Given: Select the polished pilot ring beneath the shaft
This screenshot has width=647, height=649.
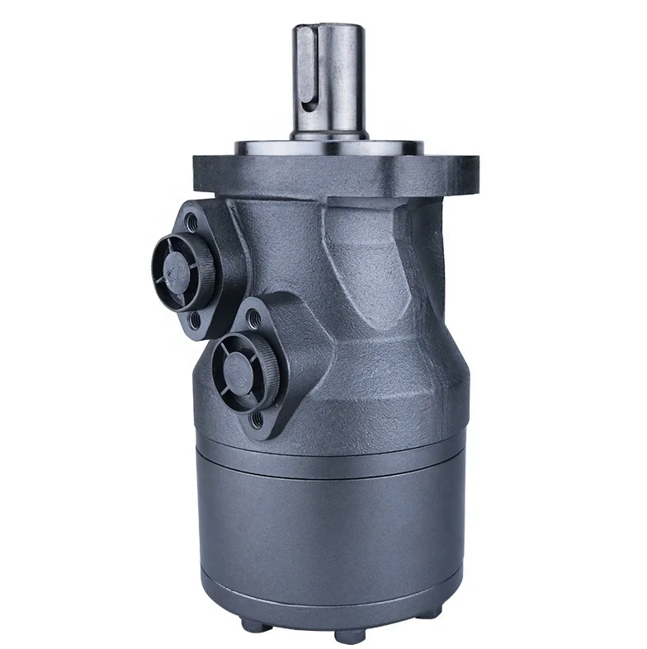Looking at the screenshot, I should click(330, 148).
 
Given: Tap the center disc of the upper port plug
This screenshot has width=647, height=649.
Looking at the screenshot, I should click(176, 266).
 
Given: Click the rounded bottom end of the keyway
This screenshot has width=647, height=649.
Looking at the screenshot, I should click(305, 103).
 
